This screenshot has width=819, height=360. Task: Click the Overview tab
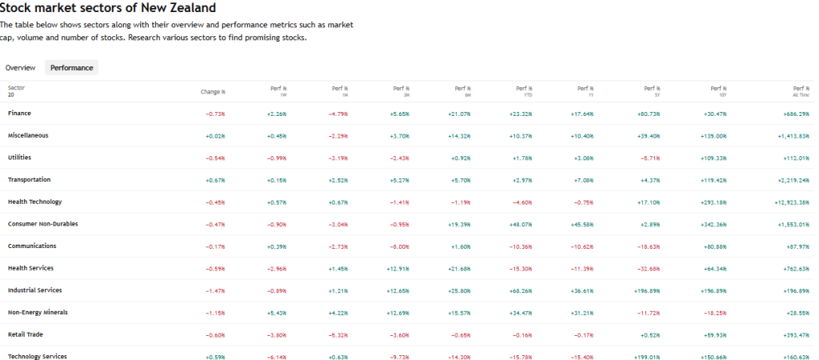pos(20,68)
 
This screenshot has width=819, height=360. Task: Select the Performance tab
pos(72,68)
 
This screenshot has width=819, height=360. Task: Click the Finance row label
pos(20,114)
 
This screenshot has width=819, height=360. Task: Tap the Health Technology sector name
pos(34,202)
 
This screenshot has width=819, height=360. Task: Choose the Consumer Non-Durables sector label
pos(43,224)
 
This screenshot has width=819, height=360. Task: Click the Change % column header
pos(213,92)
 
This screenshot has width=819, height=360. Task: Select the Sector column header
pos(16,87)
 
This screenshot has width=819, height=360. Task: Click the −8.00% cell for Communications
pos(398,246)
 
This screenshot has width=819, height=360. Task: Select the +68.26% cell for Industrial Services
pos(521,290)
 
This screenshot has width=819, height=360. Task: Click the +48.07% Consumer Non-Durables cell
pos(521,224)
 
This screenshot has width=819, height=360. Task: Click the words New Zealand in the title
pos(177,8)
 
